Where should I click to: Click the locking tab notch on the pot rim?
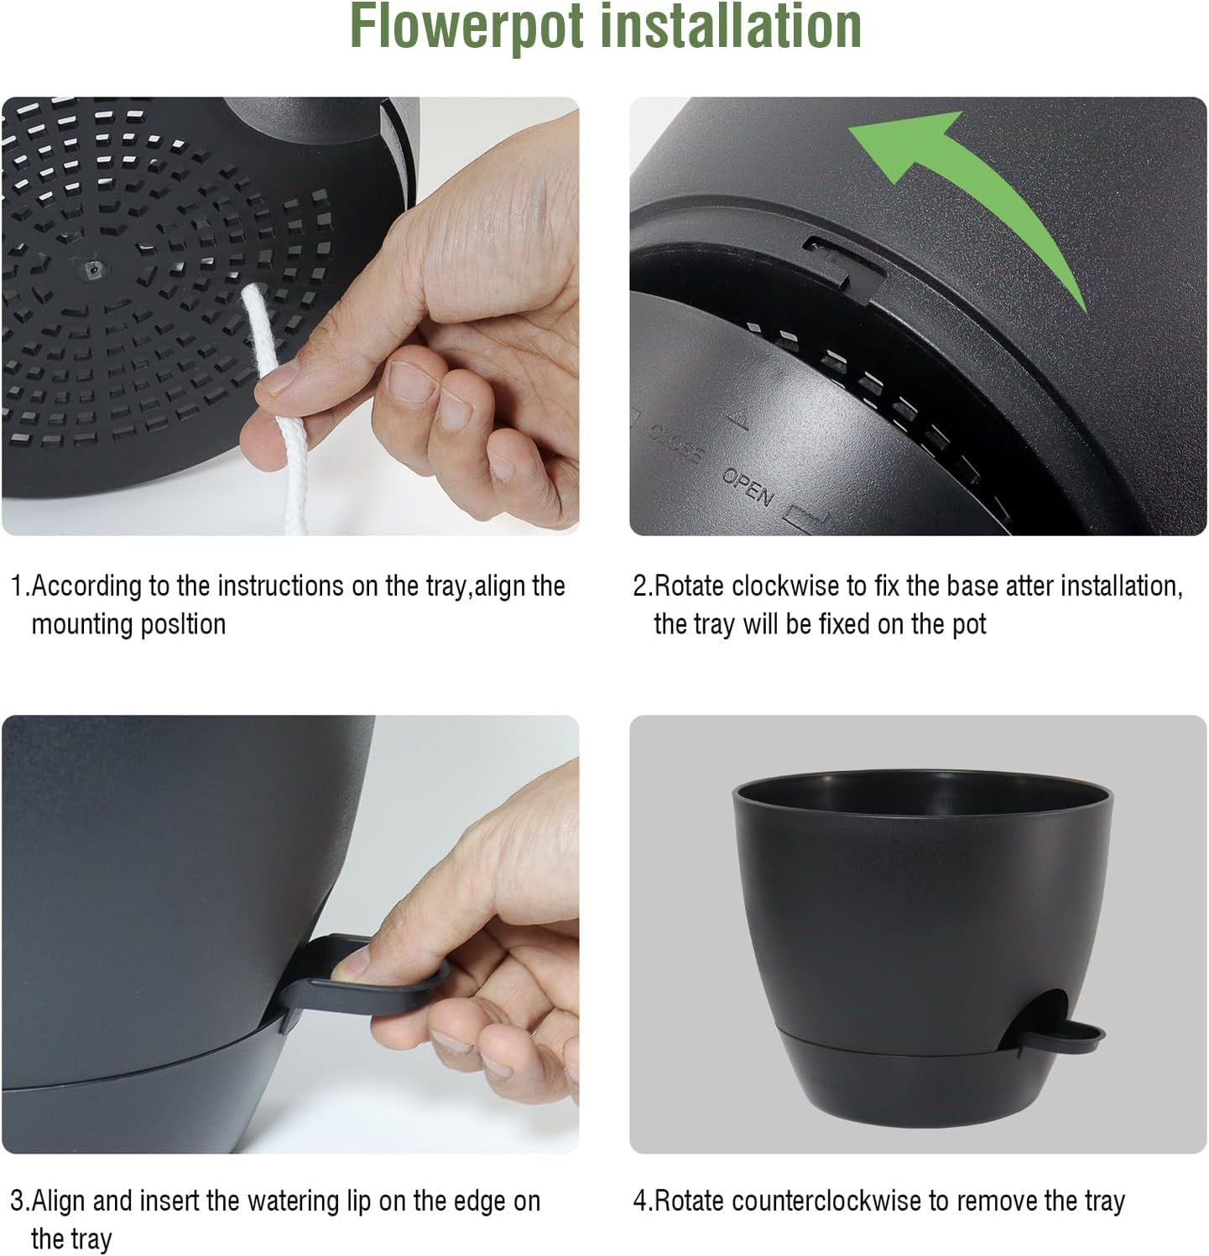coord(843,260)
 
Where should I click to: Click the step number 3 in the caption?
coord(17,1201)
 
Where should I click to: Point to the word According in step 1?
coord(87,586)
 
